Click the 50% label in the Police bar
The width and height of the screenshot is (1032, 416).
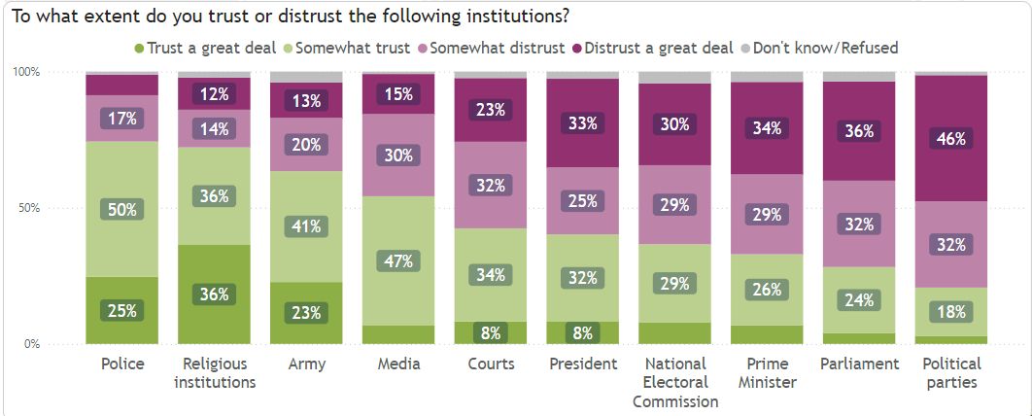coord(122,208)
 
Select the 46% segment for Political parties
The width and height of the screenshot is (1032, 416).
coord(951,139)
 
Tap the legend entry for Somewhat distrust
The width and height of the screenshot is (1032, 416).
coord(490,47)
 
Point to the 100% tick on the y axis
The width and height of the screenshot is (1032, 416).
coord(25,72)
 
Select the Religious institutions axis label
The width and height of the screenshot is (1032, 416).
coord(215,372)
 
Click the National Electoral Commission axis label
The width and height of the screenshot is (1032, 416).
coord(675,382)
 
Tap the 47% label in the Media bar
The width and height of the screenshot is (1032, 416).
coord(398,260)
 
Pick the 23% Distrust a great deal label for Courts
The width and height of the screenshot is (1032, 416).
coord(491,110)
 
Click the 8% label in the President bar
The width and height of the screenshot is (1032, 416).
coord(583,331)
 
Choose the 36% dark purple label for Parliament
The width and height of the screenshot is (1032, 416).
coord(859,129)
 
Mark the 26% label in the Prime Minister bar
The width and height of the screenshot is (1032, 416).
coord(768,289)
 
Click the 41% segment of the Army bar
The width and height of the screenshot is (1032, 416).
coord(307,226)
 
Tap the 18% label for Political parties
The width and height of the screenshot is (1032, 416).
coord(951,311)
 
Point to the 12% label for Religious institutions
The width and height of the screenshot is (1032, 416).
coord(215,94)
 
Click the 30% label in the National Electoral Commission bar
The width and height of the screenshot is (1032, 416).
coord(675,124)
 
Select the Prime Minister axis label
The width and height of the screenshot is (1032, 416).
coord(768,372)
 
